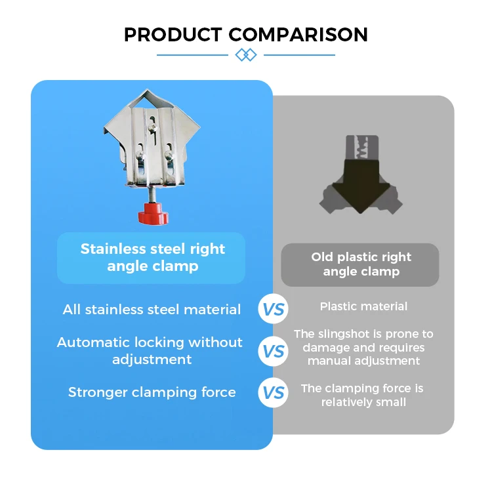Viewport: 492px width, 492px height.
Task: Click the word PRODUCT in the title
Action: click(173, 35)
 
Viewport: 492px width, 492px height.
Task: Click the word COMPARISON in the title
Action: click(298, 35)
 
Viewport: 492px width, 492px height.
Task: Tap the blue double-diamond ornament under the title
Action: click(246, 55)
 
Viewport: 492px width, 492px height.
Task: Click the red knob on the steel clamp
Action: click(154, 214)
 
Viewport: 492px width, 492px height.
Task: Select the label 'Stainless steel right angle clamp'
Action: click(152, 257)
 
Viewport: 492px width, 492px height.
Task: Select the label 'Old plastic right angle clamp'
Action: click(361, 264)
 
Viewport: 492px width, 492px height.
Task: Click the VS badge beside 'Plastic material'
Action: click(274, 309)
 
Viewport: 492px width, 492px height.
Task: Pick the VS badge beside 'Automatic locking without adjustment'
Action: click(274, 351)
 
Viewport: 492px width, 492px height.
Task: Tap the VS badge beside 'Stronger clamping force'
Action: click(274, 392)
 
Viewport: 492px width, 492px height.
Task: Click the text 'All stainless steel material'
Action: click(152, 310)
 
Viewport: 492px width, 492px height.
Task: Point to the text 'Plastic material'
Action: click(363, 306)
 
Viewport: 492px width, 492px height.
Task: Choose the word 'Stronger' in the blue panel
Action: click(98, 392)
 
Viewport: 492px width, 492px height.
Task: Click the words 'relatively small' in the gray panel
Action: click(363, 402)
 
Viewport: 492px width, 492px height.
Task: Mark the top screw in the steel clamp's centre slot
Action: click(153, 127)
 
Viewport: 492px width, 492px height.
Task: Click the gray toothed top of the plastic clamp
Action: click(362, 148)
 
